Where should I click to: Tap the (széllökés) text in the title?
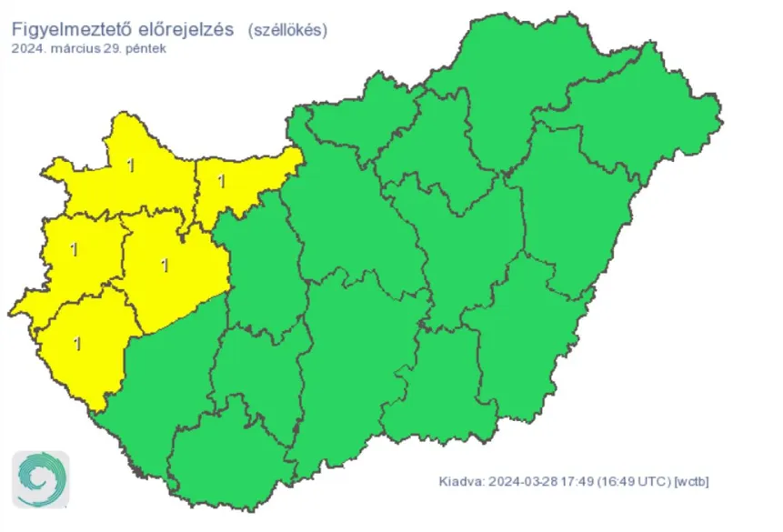coord(288,30)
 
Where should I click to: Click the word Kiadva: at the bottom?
coord(461,481)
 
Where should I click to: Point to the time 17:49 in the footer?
coord(576,481)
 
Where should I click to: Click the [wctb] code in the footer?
coord(690,481)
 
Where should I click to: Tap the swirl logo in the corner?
coord(40,478)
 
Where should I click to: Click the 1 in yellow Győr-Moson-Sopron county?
coord(131,165)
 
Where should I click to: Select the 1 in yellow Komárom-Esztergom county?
coord(221,180)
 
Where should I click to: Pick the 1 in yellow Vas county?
coord(74,248)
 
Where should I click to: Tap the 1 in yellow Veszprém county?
coord(164,266)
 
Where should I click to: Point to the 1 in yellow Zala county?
coord(76,344)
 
